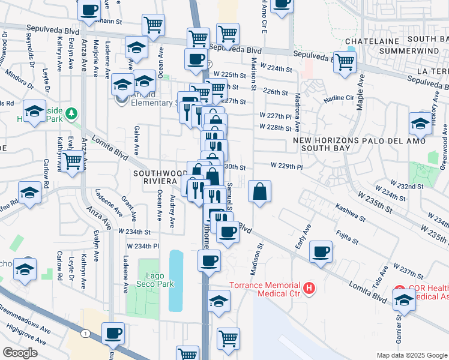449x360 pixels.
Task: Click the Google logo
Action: click(20, 353)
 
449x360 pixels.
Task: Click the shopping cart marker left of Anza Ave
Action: click(72, 160)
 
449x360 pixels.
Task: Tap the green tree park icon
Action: click(71, 113)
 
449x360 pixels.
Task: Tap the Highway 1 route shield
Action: click(86, 333)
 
